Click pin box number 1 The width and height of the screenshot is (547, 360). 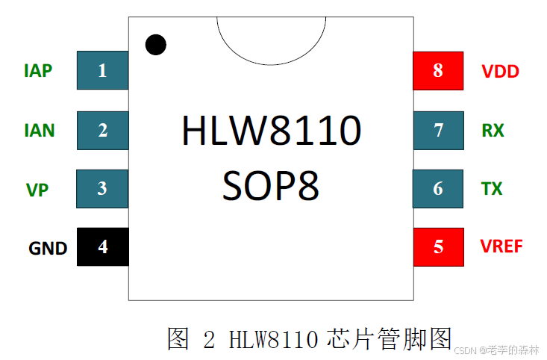[102, 71]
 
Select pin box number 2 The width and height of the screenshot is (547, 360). [102, 130]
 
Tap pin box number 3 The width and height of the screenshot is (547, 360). [102, 188]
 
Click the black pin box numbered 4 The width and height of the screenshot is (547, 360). [102, 246]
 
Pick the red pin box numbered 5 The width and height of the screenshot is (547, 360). [438, 246]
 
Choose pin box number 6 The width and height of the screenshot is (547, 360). [438, 188]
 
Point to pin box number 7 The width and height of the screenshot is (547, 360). [438, 130]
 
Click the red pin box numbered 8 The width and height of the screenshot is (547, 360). [438, 71]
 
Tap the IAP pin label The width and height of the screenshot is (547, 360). [38, 71]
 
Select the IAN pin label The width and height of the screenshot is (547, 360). [39, 131]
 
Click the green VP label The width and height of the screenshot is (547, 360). [37, 190]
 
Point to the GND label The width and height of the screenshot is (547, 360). [48, 248]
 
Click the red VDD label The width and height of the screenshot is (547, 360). [500, 72]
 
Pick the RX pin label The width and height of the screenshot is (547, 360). [493, 131]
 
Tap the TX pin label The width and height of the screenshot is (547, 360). [492, 189]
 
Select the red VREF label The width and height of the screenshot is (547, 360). [501, 246]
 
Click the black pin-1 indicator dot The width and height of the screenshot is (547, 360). [155, 45]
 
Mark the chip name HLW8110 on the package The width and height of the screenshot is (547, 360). [271, 131]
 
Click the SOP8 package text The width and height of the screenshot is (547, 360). [271, 184]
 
